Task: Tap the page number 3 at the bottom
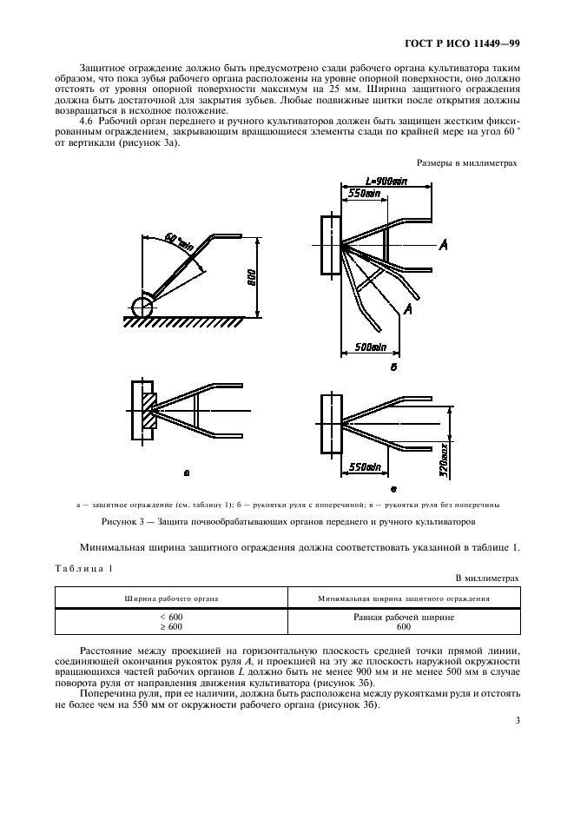tap(517, 719)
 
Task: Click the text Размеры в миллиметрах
tap(467, 162)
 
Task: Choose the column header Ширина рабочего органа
tap(170, 599)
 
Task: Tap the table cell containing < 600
tap(170, 617)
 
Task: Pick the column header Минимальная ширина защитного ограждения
tap(403, 599)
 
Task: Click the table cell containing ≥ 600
tap(170, 626)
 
